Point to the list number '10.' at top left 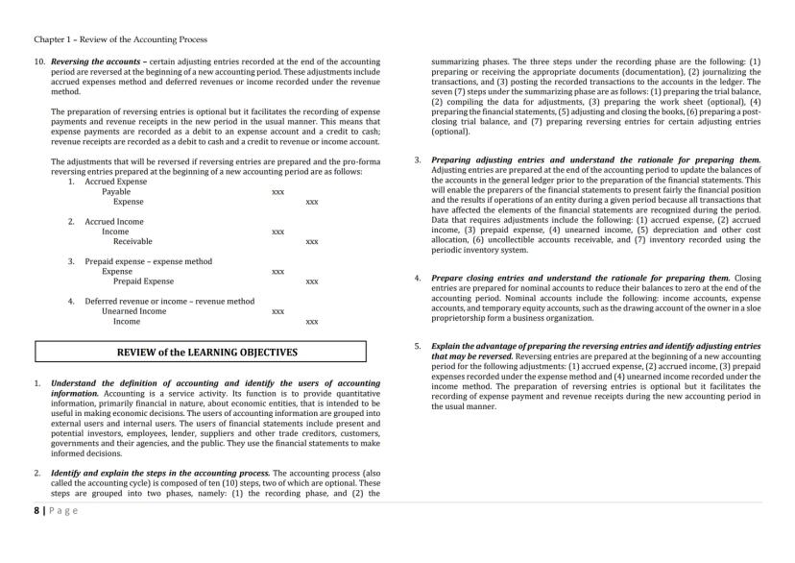[x=40, y=61]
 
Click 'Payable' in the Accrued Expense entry [x=116, y=192]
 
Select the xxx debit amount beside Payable [x=277, y=192]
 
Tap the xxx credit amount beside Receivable [x=311, y=242]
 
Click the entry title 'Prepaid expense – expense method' [x=148, y=261]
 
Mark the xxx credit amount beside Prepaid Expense [x=311, y=282]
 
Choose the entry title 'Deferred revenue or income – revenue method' [x=169, y=302]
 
